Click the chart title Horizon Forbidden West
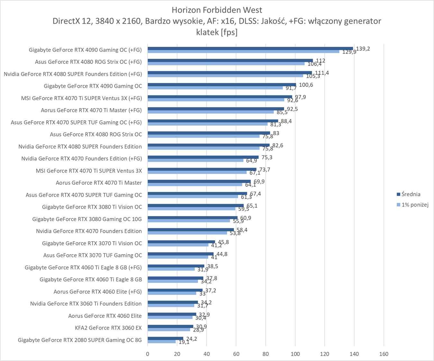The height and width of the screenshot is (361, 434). [217, 10]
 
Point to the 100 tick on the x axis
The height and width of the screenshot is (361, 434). [295, 354]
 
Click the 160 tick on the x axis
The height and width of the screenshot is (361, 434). [384, 354]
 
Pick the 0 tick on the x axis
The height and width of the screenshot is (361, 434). [148, 354]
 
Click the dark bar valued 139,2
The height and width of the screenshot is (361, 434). [250, 48]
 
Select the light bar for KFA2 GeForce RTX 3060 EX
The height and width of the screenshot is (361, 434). [169, 330]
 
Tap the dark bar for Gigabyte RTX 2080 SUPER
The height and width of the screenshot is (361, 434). [165, 338]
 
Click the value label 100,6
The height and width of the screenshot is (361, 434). [306, 85]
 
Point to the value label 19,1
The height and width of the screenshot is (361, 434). [184, 342]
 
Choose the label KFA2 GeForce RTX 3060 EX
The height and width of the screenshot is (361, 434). [108, 328]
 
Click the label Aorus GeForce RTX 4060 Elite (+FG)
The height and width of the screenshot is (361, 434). [98, 291]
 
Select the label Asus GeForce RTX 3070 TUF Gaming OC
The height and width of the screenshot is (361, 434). [93, 255]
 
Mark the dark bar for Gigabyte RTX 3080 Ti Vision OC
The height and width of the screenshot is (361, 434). [195, 205]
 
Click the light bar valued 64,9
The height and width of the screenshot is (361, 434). [195, 160]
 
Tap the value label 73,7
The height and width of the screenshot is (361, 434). [265, 169]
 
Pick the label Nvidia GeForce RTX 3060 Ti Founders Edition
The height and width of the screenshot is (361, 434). [86, 304]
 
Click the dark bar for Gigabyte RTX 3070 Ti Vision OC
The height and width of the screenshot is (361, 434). [181, 242]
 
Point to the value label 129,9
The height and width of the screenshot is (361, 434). [349, 52]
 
